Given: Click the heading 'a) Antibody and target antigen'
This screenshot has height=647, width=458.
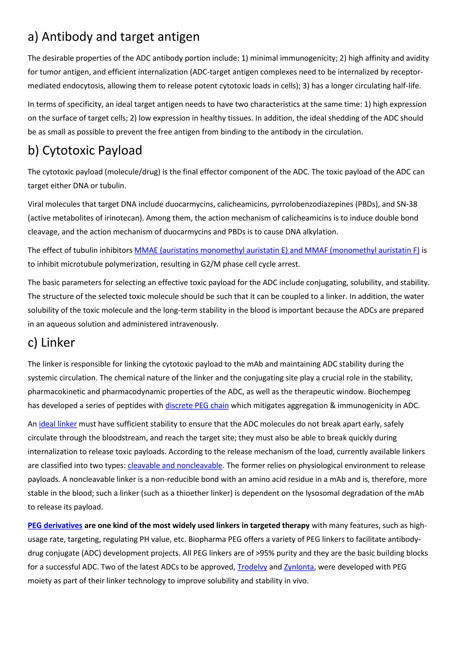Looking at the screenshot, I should [114, 37].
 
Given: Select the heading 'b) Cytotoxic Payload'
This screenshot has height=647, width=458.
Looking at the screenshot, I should [85, 151].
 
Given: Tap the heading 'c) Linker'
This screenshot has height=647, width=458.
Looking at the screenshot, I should [51, 343].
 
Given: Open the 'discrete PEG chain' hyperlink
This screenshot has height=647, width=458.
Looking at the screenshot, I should [197, 405].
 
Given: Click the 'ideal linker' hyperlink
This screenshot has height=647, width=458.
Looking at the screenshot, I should [58, 424].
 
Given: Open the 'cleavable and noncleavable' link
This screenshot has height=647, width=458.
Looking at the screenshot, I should [175, 466].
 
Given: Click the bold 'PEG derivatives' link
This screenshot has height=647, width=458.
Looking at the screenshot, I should [55, 525].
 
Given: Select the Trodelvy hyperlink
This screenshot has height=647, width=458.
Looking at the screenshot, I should [252, 567].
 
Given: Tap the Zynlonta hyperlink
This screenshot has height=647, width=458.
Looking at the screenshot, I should [299, 567].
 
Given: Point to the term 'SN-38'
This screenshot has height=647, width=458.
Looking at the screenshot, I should [407, 204].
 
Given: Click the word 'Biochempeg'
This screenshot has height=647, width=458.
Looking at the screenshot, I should [389, 392].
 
